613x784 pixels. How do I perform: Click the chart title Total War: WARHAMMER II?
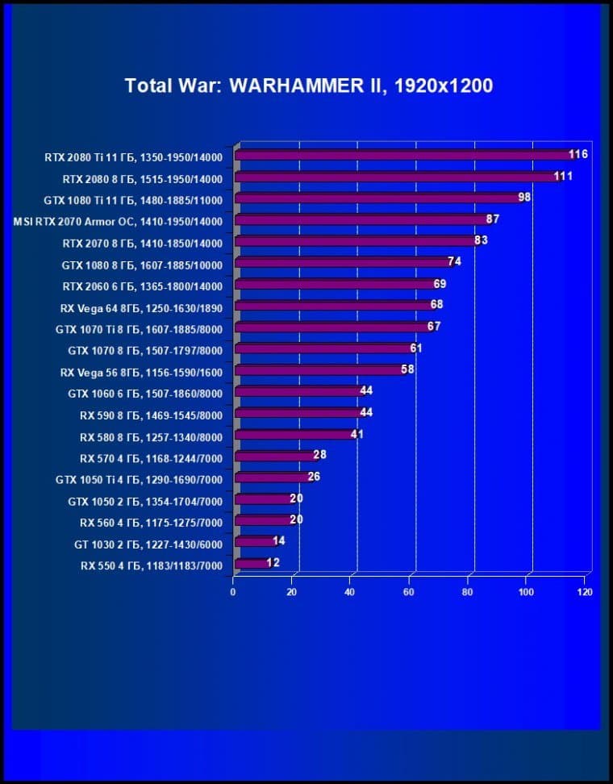point(308,86)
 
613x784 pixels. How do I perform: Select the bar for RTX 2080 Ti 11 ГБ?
point(403,155)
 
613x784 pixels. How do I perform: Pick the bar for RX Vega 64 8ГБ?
point(334,307)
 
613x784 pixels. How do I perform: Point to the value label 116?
point(578,154)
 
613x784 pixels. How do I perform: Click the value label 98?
point(524,197)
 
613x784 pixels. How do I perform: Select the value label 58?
point(409,369)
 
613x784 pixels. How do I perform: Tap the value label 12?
point(273,562)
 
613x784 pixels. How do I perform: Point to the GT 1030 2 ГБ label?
point(148,544)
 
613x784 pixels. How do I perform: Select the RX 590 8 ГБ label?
point(151,415)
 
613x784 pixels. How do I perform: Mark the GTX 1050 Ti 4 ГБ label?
point(139,480)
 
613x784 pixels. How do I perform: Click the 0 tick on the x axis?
point(233,592)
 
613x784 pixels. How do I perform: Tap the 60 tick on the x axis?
point(409,592)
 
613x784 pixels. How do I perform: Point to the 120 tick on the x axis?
point(585,592)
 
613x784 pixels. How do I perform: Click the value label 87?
point(493,219)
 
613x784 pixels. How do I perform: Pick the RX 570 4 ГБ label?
point(151,458)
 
